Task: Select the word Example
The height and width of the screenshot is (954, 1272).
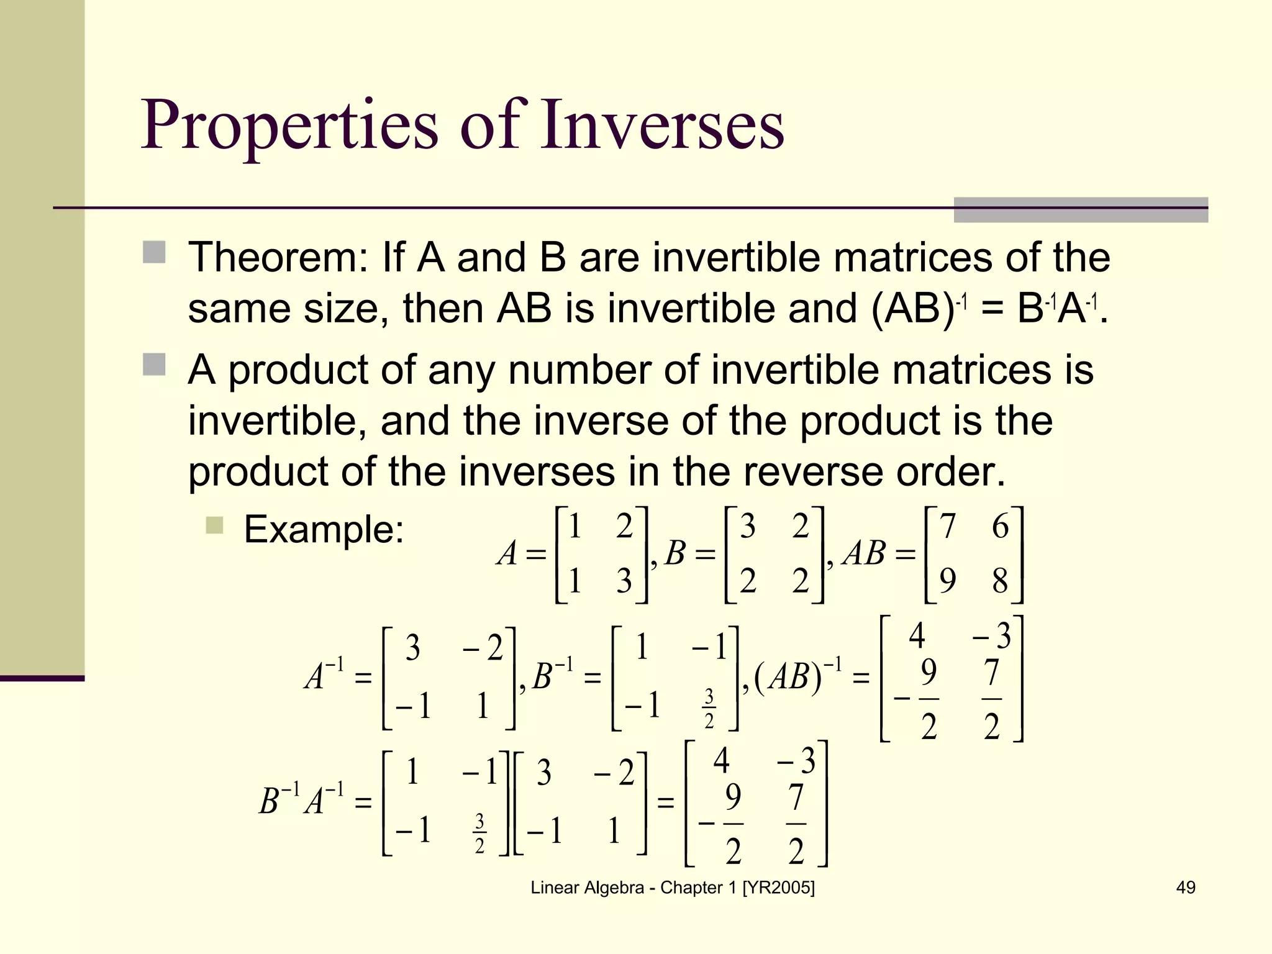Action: (x=324, y=530)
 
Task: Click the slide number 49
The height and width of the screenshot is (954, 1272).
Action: (x=1186, y=888)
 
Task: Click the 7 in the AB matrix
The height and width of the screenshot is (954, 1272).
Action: (x=948, y=527)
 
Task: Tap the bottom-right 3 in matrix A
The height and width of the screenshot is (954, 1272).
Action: (x=624, y=581)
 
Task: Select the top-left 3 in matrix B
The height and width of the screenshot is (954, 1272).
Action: (x=748, y=527)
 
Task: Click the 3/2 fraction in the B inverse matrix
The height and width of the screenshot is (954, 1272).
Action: (x=709, y=708)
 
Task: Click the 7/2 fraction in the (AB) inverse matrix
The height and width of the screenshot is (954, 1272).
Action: (x=992, y=699)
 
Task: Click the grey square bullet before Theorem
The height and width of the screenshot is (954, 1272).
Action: (x=154, y=253)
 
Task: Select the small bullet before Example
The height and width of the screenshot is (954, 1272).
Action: (x=214, y=525)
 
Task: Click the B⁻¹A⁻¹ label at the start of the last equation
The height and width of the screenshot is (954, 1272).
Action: (x=301, y=801)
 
